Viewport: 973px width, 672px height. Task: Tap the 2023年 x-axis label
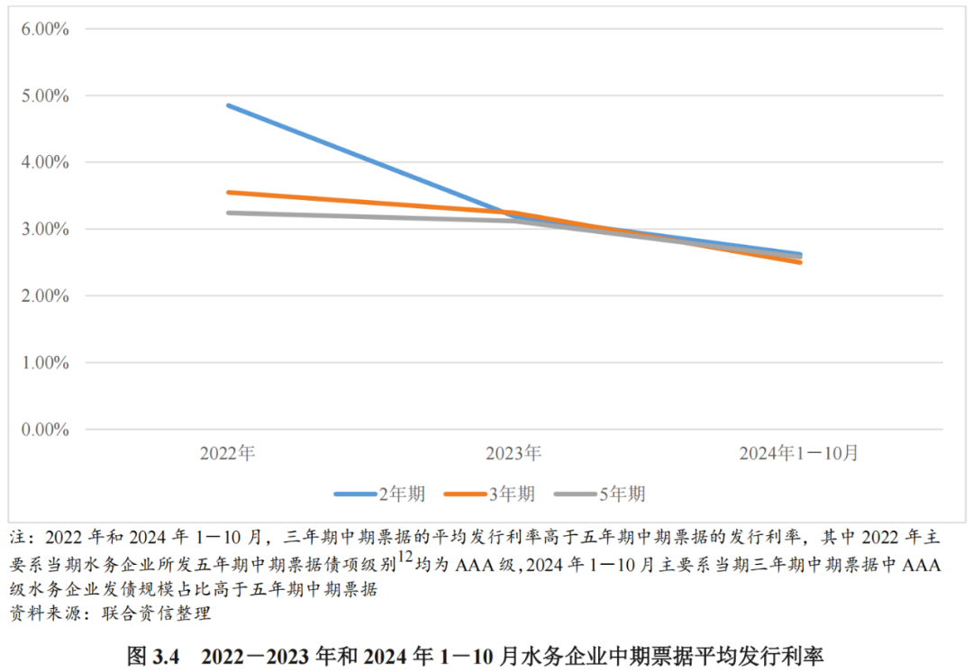tap(514, 452)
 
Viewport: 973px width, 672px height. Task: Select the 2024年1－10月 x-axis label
tap(798, 452)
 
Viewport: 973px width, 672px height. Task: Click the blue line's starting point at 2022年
tap(228, 105)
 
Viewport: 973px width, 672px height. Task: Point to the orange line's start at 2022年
tap(228, 192)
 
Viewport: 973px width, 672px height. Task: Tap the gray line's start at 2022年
tap(228, 213)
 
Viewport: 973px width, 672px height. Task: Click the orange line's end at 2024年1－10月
tap(800, 262)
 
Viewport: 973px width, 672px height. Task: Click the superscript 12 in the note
tap(405, 558)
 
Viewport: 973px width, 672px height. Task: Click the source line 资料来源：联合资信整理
tap(110, 615)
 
